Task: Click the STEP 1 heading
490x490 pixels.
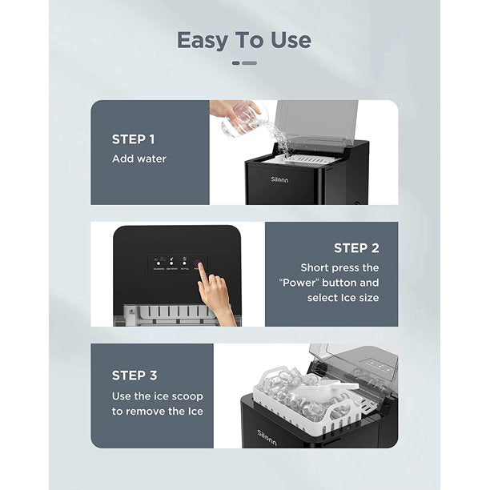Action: pos(134,139)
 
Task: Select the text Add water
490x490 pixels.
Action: pos(139,159)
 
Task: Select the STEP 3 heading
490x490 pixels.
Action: pos(135,375)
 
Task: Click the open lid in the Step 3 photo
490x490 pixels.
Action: pos(352,364)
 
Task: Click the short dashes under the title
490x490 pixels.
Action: pos(244,62)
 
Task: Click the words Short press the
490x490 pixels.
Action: pos(339,267)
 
